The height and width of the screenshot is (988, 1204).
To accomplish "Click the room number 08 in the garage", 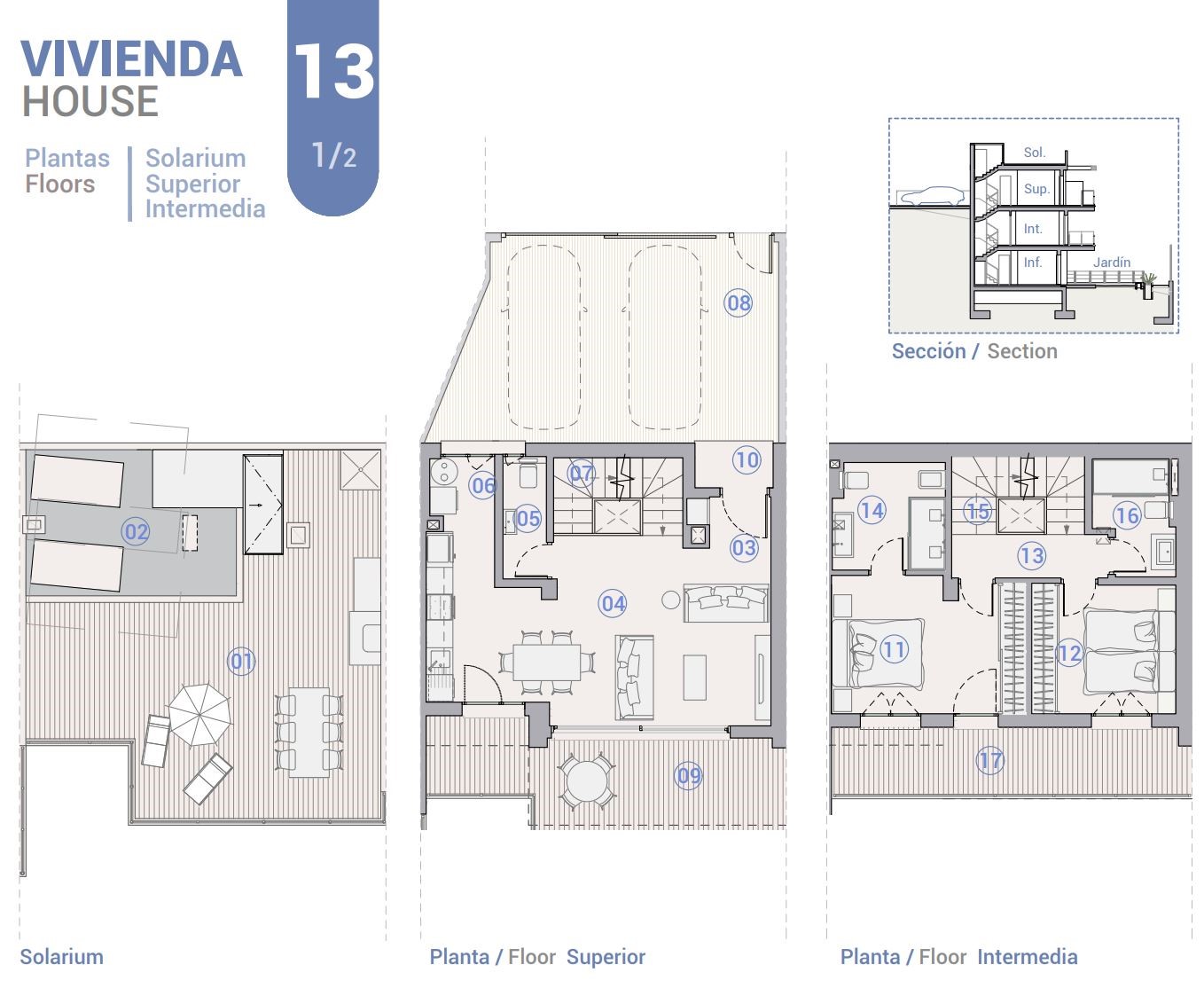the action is (x=738, y=302).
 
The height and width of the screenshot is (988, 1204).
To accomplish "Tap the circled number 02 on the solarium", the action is (x=136, y=531).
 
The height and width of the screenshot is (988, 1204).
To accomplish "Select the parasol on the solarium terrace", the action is (x=199, y=715).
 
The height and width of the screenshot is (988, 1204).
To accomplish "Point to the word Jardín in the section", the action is (x=1111, y=263).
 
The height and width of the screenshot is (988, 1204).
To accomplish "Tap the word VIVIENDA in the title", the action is (x=132, y=59).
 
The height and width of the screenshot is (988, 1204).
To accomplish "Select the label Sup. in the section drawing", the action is (x=1036, y=189).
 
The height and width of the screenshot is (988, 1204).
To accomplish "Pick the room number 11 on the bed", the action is (x=894, y=649).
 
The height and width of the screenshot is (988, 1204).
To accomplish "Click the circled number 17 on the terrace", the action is (x=989, y=760).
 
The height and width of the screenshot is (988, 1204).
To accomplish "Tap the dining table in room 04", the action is (x=546, y=662).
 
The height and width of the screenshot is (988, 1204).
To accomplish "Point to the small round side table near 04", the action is (x=671, y=600).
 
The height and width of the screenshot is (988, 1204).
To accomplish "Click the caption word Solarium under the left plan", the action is (x=62, y=957).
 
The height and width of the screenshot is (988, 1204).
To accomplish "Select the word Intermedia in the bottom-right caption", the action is (x=1027, y=957).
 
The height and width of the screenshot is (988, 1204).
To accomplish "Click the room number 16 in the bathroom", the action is (x=1127, y=515).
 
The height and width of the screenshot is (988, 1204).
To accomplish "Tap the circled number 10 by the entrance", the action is (x=747, y=459).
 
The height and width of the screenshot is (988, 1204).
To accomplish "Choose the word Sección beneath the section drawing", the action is (x=929, y=350).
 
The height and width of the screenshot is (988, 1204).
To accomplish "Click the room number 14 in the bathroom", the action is (x=872, y=510).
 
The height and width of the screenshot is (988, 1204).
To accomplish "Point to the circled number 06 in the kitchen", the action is (x=483, y=485).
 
